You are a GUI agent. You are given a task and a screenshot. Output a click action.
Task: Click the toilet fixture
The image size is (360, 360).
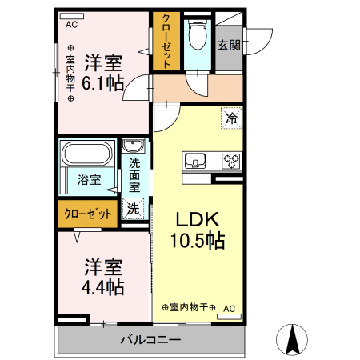coord(198,34)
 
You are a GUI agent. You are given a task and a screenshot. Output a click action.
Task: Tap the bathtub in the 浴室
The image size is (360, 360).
coord(87,153)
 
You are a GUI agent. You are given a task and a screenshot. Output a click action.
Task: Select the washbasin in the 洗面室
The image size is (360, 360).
coord(133,146)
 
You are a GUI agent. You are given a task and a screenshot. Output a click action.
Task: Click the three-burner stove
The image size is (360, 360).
coord(231,161)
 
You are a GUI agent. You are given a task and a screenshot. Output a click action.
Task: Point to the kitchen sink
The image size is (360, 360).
coord(195,160)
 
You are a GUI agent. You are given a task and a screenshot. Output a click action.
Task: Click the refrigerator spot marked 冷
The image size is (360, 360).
coord(231,118)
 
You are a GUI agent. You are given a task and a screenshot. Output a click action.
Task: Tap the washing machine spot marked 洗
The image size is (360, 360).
coord(133,209)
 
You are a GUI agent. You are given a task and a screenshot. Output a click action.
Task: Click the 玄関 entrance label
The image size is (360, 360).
coord(229,45)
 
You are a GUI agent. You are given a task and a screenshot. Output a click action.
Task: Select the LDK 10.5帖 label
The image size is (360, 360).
coord(198,230)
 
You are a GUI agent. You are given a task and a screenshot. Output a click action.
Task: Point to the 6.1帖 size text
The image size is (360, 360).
coord(103,83)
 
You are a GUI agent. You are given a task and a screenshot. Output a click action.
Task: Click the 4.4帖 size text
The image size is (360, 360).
coord(103,287)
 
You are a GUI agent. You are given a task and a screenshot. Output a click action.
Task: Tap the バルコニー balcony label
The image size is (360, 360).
coord(150,340)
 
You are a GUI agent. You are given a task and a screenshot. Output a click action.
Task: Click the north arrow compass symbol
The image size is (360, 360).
coord(292,339)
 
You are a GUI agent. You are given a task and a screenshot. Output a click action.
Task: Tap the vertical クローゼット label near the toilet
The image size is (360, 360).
coord(166,42)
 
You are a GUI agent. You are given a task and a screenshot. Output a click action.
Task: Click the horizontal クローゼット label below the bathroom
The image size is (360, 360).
coord(88,214)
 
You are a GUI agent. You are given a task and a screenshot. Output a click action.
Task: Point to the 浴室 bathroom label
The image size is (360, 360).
coord(90,180)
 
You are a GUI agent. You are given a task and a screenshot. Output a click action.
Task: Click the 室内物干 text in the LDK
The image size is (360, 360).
coord(189,307)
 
